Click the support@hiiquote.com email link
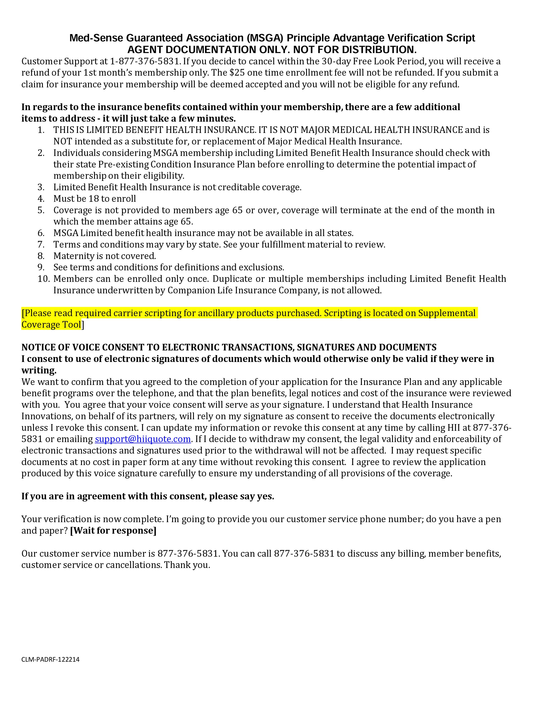(x=143, y=439)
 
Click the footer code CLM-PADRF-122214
(x=50, y=660)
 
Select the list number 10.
(x=44, y=279)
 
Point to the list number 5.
(x=41, y=210)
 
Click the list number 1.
(x=41, y=130)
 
